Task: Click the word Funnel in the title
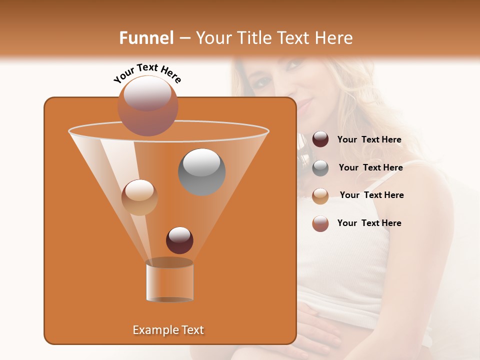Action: tap(146, 38)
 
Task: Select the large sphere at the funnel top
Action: tap(147, 105)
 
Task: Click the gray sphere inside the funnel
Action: tap(201, 171)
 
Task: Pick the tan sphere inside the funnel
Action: tap(139, 197)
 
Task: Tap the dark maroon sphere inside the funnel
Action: tap(179, 240)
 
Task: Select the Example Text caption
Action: tap(168, 330)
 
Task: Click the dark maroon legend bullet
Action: tap(320, 139)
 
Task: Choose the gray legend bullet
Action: tap(320, 168)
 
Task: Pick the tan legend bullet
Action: tap(320, 196)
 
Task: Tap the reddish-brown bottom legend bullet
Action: tap(320, 223)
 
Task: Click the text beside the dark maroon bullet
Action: tap(369, 140)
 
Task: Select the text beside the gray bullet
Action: tap(370, 168)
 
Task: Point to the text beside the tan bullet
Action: tap(371, 195)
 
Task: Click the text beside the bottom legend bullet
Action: tap(369, 223)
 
